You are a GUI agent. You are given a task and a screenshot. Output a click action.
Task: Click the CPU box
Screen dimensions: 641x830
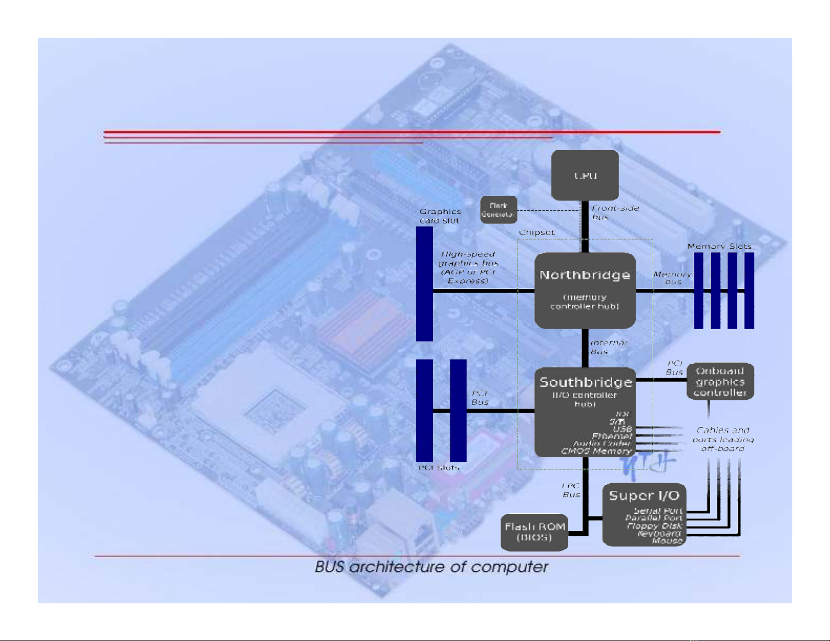(585, 175)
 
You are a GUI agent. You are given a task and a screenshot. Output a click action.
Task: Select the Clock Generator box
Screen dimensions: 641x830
(499, 210)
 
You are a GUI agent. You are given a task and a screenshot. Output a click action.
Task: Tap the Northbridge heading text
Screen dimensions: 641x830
(584, 275)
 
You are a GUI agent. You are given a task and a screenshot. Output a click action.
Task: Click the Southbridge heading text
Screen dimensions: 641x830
(585, 382)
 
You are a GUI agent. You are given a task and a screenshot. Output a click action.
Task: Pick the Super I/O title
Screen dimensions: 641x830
(644, 495)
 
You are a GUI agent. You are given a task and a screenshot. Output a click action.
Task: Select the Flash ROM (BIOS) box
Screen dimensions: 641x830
(534, 532)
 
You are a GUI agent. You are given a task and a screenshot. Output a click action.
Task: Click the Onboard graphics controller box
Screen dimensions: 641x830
(720, 381)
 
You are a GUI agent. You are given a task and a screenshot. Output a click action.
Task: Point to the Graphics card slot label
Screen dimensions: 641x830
(440, 216)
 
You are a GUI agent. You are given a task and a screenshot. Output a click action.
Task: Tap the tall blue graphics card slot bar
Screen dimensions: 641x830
(424, 284)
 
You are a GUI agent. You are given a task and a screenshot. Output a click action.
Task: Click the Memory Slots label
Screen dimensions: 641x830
(719, 246)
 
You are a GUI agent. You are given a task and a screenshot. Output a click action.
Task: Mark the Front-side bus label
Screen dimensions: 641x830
(615, 212)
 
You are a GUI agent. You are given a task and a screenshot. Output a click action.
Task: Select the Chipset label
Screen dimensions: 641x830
(537, 232)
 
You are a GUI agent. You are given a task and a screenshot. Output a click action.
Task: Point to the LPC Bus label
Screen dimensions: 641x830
(571, 490)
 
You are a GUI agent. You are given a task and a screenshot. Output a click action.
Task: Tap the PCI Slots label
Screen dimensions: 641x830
(439, 467)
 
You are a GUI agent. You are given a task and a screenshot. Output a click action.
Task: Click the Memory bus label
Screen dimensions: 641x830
(672, 278)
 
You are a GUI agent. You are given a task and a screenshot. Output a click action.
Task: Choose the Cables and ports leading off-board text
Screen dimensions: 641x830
(723, 439)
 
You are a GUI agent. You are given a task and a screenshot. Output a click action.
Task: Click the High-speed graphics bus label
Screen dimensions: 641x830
(468, 267)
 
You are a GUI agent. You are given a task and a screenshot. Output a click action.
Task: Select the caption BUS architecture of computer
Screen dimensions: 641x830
(431, 567)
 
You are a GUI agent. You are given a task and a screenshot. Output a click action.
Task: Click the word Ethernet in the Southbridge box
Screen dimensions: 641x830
(612, 436)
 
